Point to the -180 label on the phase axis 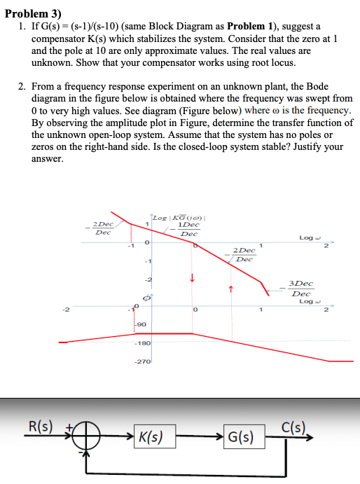pos(144,343)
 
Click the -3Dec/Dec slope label pos(300,289)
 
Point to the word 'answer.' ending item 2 pos(47,159)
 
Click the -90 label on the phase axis pos(141,324)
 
